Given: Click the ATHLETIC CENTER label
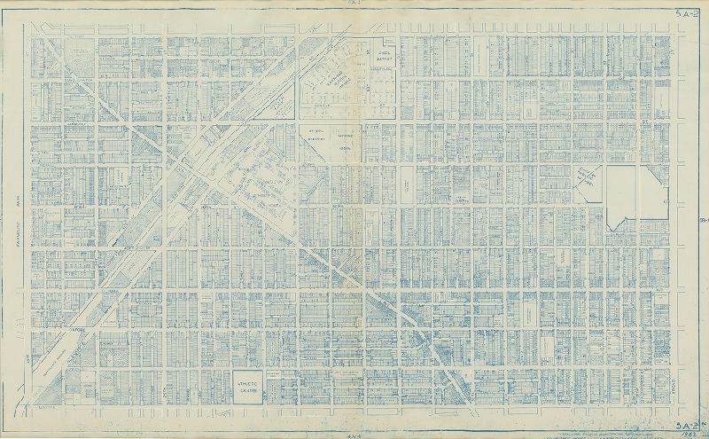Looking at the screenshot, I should pyautogui.click(x=247, y=385).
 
